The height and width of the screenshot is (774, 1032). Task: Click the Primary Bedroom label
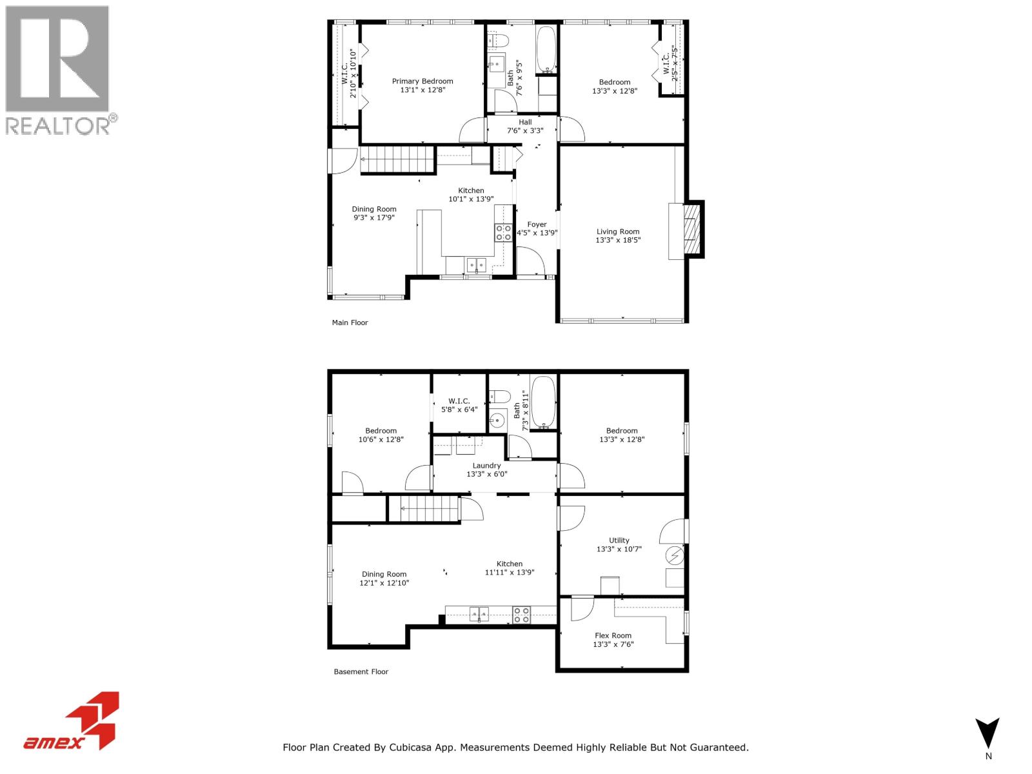tap(422, 81)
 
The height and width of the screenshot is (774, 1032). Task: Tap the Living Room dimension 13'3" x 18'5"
tap(618, 241)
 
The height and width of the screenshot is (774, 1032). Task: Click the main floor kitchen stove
tap(504, 233)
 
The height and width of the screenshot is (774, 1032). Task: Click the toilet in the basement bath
tap(501, 397)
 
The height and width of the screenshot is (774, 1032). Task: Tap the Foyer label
tap(537, 224)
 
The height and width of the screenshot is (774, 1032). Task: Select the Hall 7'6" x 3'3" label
tap(525, 126)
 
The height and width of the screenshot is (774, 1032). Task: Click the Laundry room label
tap(486, 466)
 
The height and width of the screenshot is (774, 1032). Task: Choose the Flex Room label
tap(613, 635)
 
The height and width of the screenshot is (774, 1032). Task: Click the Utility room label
tap(619, 541)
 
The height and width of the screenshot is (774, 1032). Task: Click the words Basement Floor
tap(361, 671)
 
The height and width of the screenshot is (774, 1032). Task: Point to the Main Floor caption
tap(350, 322)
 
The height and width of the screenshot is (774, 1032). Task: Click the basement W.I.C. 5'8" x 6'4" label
tap(459, 405)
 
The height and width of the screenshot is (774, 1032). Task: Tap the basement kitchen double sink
tap(479, 614)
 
